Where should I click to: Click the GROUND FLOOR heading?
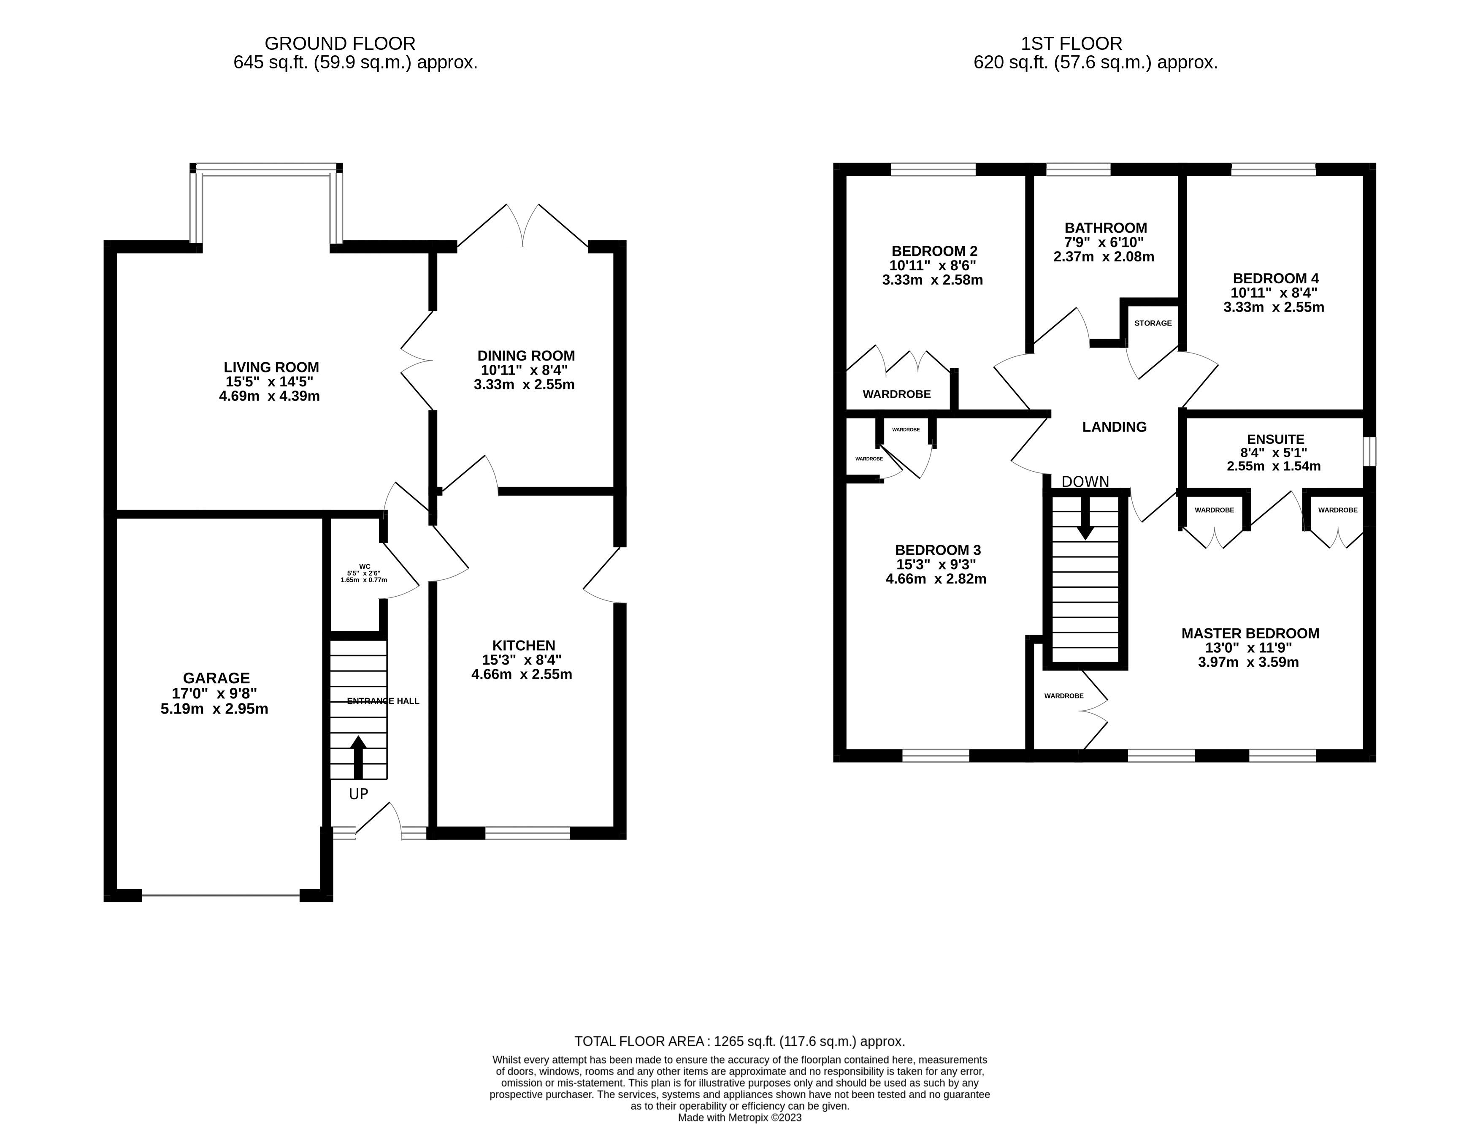(340, 43)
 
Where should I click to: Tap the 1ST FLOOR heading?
(1071, 43)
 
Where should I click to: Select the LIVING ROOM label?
(271, 367)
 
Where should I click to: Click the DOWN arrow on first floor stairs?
(1085, 523)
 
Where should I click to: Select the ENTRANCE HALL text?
(383, 701)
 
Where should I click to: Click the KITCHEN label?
(523, 645)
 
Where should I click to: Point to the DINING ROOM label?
(526, 356)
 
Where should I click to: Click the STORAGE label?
(1153, 323)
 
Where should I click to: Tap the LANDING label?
(1114, 426)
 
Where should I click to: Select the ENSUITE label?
(1275, 439)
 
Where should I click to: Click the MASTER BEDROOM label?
(1250, 633)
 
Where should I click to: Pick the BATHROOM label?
(1105, 228)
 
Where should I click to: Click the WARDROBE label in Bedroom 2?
(896, 394)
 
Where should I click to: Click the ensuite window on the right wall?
(1369, 451)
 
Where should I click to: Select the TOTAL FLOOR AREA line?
(739, 1041)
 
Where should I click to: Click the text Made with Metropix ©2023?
(739, 1117)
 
